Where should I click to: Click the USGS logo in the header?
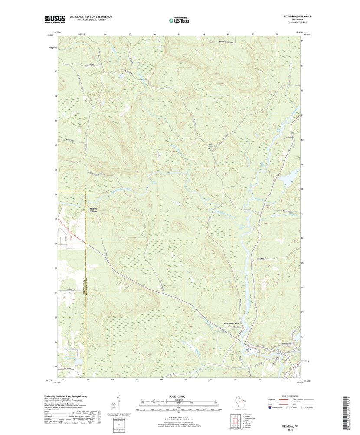coord(54,19)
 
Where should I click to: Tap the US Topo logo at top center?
coord(179,20)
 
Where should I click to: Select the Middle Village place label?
coord(93,209)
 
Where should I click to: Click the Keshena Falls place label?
coord(231,323)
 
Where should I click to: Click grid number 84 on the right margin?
coord(302,41)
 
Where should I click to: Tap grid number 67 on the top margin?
coord(179,34)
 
